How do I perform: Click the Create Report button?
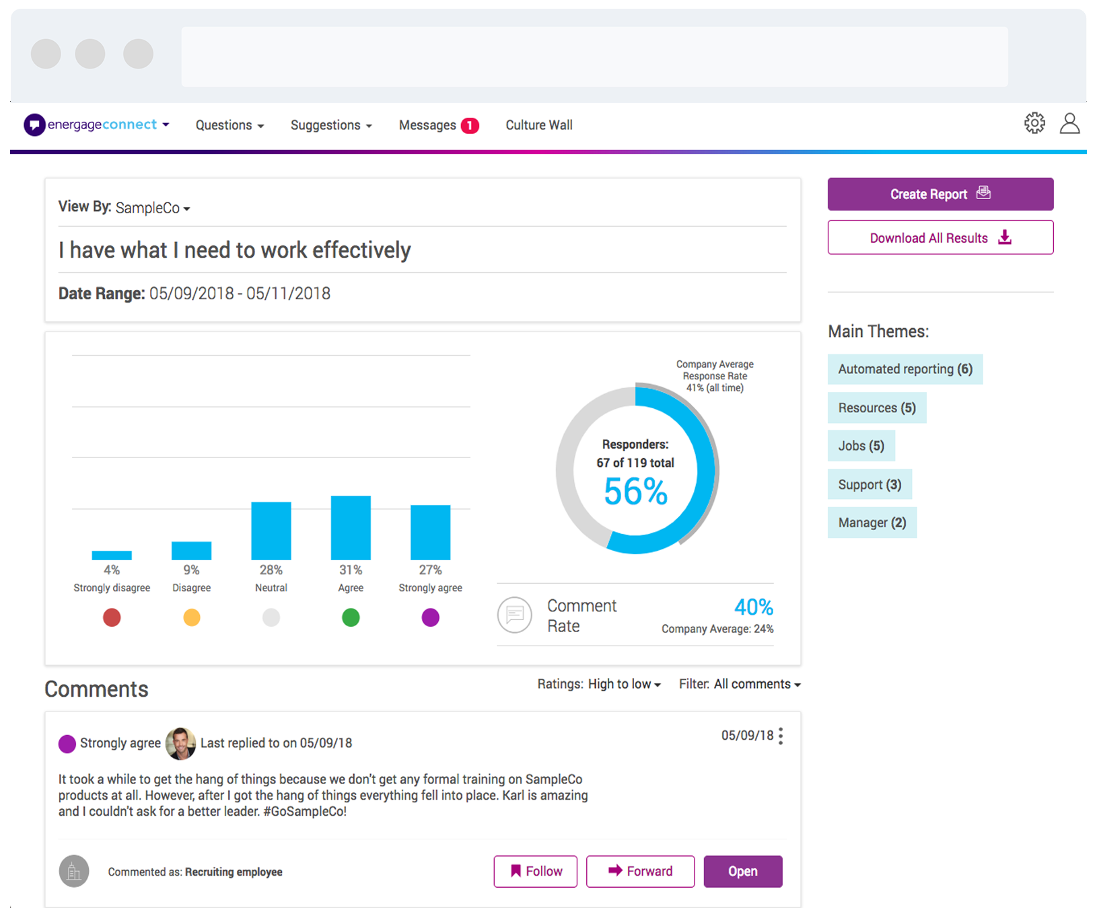point(940,194)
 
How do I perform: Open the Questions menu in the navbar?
point(229,125)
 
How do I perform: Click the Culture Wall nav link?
point(538,125)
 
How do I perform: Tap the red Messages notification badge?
point(470,126)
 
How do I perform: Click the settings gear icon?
point(1034,123)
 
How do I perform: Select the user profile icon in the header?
point(1069,123)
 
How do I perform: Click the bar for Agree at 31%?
point(351,528)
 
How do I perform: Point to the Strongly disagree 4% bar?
point(112,555)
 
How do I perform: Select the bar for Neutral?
point(271,531)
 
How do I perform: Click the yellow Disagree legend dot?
point(192,617)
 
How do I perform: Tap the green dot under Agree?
point(351,617)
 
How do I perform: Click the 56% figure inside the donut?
point(635,492)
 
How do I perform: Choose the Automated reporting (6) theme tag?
point(905,369)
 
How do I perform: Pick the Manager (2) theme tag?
point(872,523)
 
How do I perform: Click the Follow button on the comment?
point(535,872)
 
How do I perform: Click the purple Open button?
point(742,872)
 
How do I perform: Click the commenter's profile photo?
point(180,743)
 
